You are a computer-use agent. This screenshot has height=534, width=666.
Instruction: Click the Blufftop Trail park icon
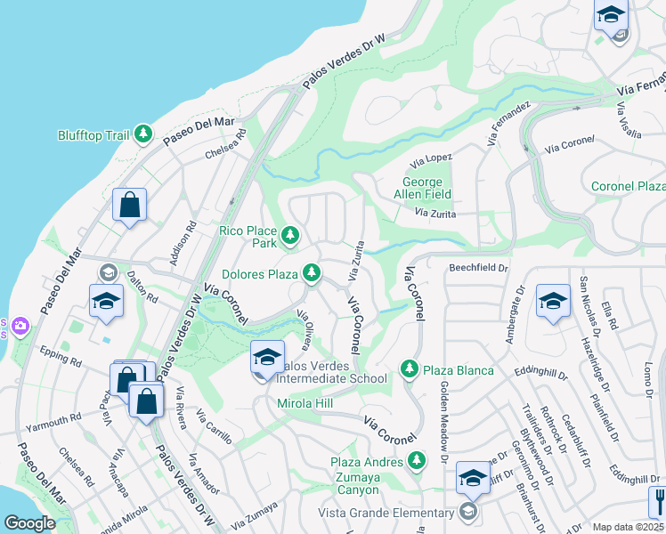[142, 134]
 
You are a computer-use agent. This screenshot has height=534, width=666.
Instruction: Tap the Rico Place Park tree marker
[289, 236]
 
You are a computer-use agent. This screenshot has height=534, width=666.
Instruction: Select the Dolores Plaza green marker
[312, 271]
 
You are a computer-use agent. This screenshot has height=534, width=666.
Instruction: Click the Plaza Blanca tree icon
[409, 368]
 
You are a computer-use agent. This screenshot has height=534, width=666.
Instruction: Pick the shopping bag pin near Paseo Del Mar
[130, 206]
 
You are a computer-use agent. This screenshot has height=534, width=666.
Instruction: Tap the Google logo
[29, 523]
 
